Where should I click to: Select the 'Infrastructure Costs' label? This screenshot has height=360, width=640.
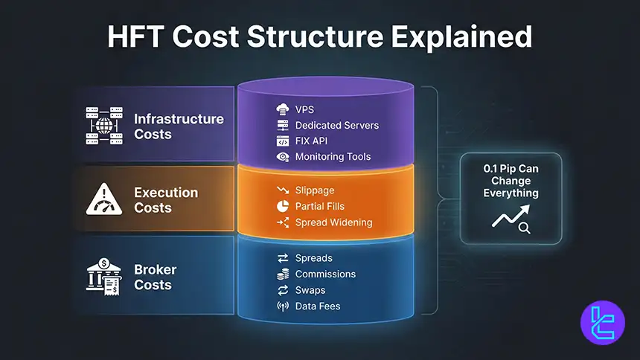click(178, 126)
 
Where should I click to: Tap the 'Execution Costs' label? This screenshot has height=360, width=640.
click(165, 200)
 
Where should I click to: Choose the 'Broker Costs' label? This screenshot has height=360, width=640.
click(153, 277)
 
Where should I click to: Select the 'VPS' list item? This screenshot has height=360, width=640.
click(304, 109)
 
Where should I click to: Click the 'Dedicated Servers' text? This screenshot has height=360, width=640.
click(336, 125)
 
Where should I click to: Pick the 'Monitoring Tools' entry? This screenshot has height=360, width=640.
click(333, 157)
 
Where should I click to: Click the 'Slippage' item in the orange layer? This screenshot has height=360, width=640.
click(315, 191)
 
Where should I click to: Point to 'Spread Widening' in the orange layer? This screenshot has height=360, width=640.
click(333, 222)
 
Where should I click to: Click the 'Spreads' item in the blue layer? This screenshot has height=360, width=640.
click(313, 258)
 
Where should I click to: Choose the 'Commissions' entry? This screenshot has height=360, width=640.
click(325, 274)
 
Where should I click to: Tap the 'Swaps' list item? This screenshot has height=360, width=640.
click(310, 290)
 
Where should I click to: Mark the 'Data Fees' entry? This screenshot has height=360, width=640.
click(317, 306)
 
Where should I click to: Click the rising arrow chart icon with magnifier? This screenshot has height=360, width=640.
click(510, 219)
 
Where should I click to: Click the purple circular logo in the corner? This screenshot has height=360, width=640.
click(601, 322)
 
